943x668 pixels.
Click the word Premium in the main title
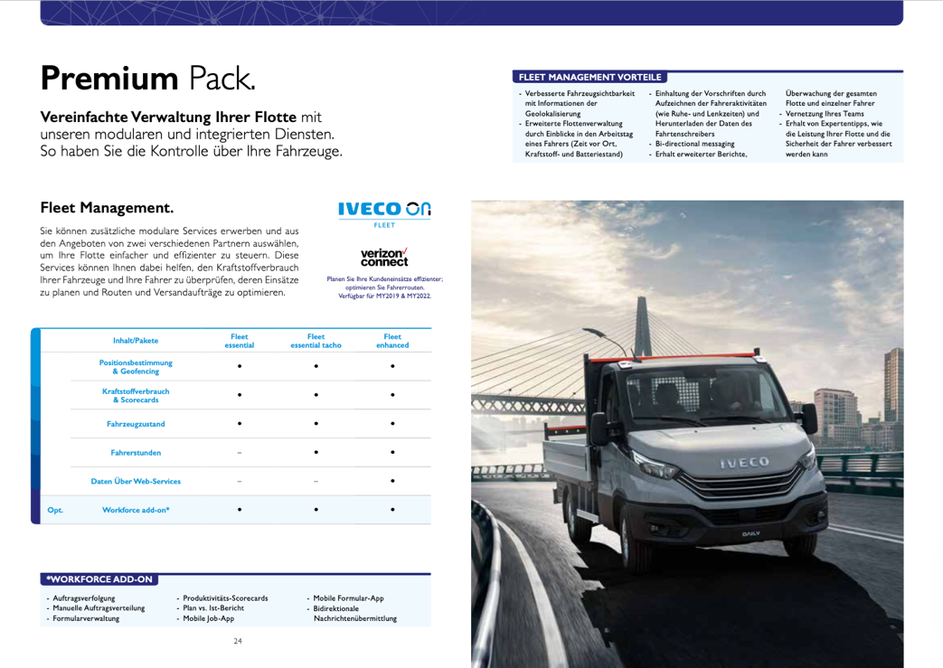click(108, 78)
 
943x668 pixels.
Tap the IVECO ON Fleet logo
click(384, 212)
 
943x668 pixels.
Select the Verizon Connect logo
click(384, 257)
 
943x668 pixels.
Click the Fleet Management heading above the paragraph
click(107, 208)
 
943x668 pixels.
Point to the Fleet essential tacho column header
click(316, 341)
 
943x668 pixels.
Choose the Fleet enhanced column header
click(392, 341)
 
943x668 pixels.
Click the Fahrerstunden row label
click(136, 452)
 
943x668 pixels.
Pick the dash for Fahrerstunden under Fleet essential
click(240, 452)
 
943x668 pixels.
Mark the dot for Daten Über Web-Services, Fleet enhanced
click(392, 481)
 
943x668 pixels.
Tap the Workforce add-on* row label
click(136, 510)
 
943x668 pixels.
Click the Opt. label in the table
click(55, 510)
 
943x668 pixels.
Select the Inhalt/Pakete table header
click(136, 341)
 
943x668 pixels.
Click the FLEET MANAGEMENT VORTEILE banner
click(589, 78)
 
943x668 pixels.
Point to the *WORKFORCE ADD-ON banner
click(100, 579)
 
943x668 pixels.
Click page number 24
click(238, 642)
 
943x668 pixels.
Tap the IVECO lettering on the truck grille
click(744, 463)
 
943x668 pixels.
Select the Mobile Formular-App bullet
click(348, 598)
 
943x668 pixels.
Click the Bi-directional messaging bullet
click(694, 144)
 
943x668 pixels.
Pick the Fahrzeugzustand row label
click(136, 423)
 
